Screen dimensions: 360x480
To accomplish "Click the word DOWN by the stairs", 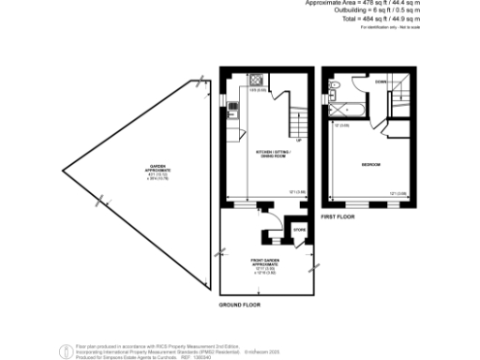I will pyautogui.click(x=380, y=81).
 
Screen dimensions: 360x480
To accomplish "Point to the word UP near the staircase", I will pyautogui.click(x=298, y=141).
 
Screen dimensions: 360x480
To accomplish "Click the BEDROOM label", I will pyautogui.click(x=371, y=165).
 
